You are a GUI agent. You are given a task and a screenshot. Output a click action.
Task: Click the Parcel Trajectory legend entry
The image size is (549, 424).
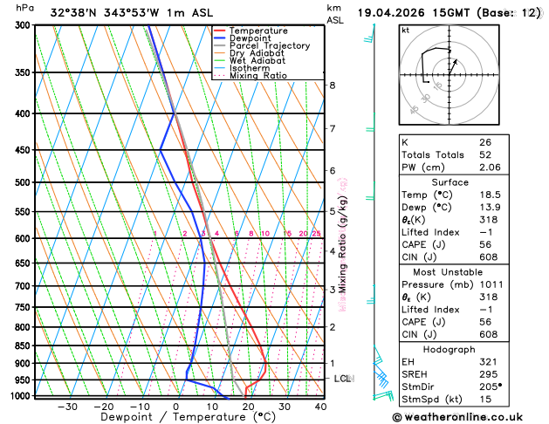click(269, 45)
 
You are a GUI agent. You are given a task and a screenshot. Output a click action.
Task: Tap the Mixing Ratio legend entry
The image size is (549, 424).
click(258, 75)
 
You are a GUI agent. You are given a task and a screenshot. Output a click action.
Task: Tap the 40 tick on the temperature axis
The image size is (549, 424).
click(320, 407)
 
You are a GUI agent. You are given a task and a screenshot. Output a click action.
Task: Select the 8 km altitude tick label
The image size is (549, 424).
click(333, 85)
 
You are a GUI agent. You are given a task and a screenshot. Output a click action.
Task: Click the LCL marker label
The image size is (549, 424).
click(342, 379)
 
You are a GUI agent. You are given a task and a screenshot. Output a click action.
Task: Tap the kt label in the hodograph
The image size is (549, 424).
click(406, 31)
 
